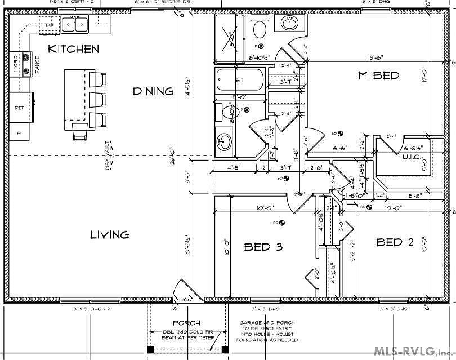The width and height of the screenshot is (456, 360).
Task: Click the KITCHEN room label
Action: pyautogui.click(x=73, y=49)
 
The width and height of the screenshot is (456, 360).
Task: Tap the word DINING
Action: pyautogui.click(x=153, y=91)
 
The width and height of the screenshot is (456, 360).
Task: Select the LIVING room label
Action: pyautogui.click(x=110, y=234)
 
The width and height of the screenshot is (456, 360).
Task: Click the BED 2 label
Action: pyautogui.click(x=395, y=242)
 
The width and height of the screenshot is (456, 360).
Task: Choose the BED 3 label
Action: pyautogui.click(x=263, y=247)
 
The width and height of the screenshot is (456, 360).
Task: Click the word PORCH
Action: pyautogui.click(x=186, y=323)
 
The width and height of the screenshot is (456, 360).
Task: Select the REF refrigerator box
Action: pyautogui.click(x=20, y=107)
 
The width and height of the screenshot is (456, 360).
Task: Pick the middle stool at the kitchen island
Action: pyautogui.click(x=97, y=99)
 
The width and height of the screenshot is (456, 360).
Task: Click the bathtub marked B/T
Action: pyautogui.click(x=239, y=80)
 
